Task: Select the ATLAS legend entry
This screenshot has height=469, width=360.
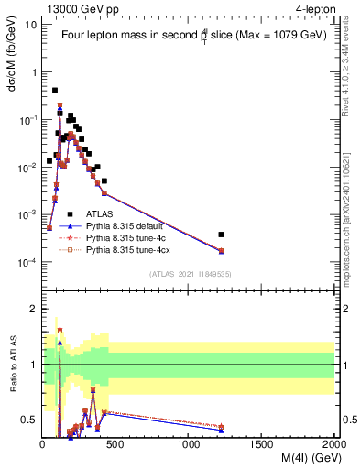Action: coord(100,213)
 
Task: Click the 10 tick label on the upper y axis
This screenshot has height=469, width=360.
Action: coord(32,24)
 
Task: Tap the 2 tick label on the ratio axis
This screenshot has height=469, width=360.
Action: coord(34,309)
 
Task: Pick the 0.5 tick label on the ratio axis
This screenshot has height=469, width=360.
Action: coord(29,420)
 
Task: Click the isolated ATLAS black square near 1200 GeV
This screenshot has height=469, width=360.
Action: coord(220,234)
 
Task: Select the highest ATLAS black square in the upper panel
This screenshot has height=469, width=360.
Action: coord(55,91)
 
